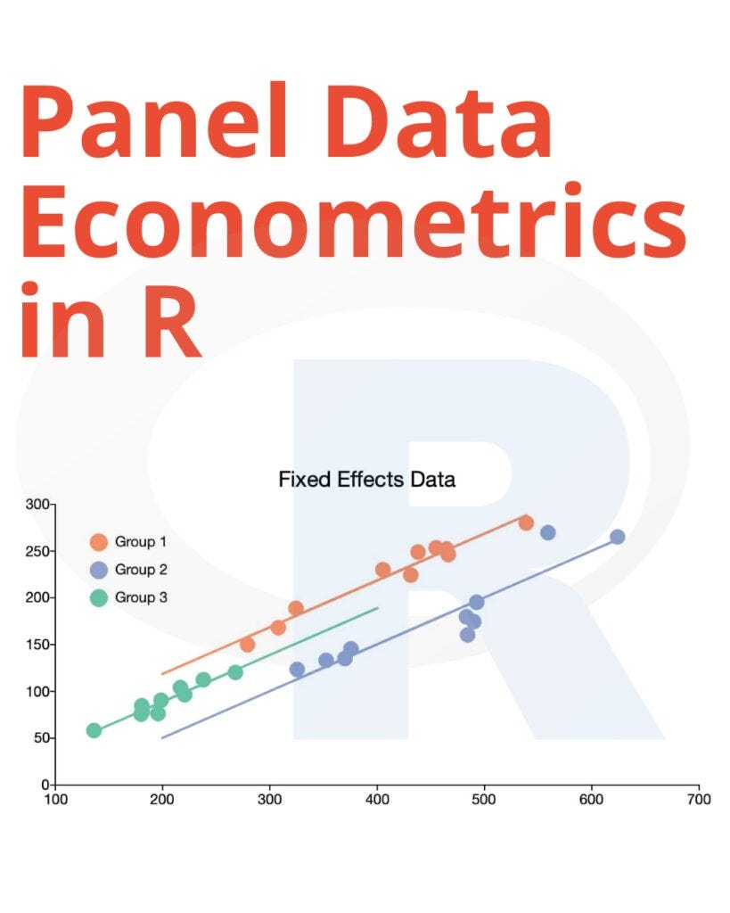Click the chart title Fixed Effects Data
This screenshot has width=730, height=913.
pos(366,480)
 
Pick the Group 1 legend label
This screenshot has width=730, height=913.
pos(141,541)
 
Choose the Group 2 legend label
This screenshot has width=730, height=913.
pos(141,570)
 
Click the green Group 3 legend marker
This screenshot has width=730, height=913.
pos(99,597)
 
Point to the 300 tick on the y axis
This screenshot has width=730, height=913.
pos(40,505)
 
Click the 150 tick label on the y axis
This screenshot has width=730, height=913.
pos(40,645)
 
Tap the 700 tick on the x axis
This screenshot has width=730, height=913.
pos(699,799)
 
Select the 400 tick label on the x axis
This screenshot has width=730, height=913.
pos(377,799)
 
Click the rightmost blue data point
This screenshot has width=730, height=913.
pos(617,537)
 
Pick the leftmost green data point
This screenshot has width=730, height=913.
pos(94,730)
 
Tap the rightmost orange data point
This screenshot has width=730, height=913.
pos(526,522)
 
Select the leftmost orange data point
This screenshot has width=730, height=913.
pos(248,645)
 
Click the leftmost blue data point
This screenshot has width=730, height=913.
pos(297,669)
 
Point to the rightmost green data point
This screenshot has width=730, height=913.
pos(235,672)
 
